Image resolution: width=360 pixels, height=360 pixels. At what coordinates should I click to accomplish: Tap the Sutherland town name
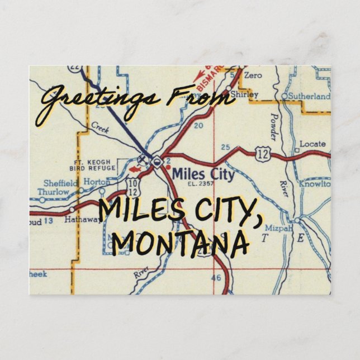pyautogui.click(x=309, y=96)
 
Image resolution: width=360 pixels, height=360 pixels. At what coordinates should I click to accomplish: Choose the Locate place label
pyautogui.click(x=312, y=144)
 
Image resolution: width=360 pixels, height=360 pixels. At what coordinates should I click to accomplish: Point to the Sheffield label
pyautogui.click(x=60, y=182)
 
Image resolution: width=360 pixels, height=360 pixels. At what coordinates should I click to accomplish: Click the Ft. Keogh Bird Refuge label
pyautogui.click(x=91, y=164)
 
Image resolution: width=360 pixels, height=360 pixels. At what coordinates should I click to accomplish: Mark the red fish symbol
pyautogui.click(x=132, y=166)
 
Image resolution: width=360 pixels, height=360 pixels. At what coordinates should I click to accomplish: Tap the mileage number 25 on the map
pyautogui.click(x=225, y=147)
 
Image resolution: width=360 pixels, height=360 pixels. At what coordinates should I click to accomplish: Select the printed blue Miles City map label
pyautogui.click(x=203, y=174)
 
